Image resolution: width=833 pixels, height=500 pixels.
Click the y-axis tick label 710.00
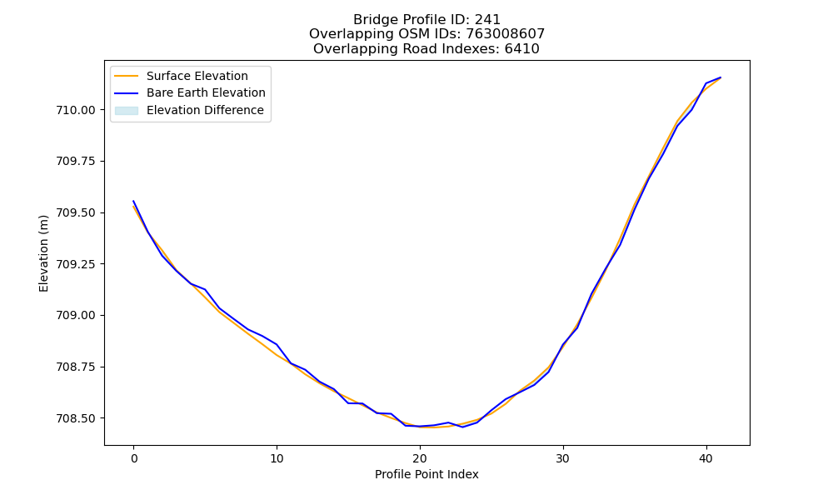[76, 110]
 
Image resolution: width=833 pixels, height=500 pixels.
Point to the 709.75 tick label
[76, 161]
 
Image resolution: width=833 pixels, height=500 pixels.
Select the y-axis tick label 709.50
[76, 212]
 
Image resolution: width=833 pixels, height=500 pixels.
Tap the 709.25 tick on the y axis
[76, 264]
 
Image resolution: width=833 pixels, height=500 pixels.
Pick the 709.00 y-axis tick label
[76, 316]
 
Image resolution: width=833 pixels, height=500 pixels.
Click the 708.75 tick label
[76, 367]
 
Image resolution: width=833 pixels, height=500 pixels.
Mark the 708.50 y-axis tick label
[76, 418]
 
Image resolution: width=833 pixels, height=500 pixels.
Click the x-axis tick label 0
[134, 458]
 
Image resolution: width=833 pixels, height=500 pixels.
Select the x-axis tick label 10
[277, 458]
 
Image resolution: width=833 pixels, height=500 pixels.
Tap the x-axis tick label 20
[420, 458]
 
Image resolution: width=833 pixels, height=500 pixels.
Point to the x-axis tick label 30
[563, 458]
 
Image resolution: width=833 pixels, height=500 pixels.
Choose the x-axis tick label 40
[706, 458]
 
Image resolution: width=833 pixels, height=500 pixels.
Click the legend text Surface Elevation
[197, 76]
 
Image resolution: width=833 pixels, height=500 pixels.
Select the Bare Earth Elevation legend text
[206, 92]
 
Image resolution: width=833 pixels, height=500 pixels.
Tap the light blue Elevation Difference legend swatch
[127, 111]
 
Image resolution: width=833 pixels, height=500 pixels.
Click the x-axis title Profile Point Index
[426, 474]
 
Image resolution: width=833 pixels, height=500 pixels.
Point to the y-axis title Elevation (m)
[43, 253]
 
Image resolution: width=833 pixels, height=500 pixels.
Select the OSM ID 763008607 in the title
[506, 34]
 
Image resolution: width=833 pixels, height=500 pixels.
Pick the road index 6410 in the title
[522, 49]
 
